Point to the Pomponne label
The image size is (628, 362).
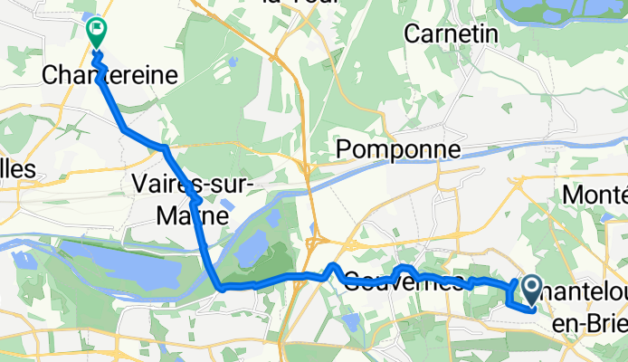pyautogui.click(x=399, y=148)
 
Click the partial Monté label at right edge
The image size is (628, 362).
pyautogui.click(x=595, y=194)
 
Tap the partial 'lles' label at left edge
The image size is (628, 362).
pyautogui.click(x=17, y=169)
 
